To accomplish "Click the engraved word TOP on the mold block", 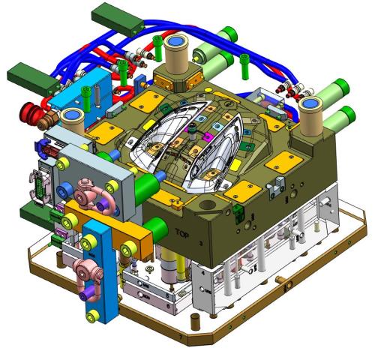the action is [182, 233].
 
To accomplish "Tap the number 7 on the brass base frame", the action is [181, 336].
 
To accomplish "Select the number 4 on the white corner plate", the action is [202, 273].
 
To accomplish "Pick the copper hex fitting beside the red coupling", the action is [48, 121].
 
